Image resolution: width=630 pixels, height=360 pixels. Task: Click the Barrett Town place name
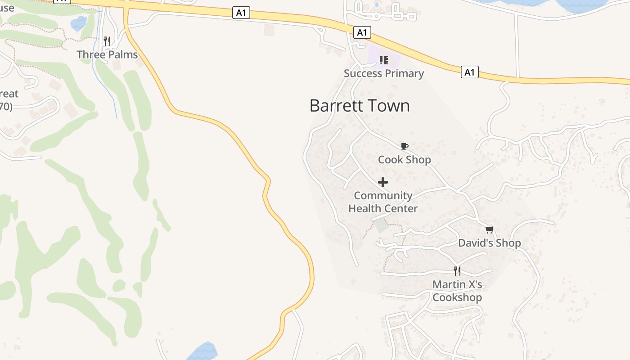360,106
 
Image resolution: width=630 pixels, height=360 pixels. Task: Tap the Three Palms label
107,55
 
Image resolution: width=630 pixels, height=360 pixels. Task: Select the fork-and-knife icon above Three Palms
107,41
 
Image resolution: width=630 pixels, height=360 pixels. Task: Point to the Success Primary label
384,73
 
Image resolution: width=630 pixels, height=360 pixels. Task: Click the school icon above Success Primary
383,60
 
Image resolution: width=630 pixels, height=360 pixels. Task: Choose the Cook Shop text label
404,160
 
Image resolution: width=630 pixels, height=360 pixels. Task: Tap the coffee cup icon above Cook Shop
404,146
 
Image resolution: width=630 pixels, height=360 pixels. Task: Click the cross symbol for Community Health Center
383,182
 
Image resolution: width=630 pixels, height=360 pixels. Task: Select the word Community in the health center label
383,196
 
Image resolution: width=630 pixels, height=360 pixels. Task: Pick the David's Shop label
489,243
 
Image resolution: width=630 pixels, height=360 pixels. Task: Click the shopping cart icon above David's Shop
490,230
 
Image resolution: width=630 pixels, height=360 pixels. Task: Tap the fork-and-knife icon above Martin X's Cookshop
457,271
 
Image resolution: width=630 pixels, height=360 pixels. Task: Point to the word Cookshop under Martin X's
457,297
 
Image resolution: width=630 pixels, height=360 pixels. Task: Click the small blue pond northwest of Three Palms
79,23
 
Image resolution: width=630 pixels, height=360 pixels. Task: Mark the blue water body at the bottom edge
202,352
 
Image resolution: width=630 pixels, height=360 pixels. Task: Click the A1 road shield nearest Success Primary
363,32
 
